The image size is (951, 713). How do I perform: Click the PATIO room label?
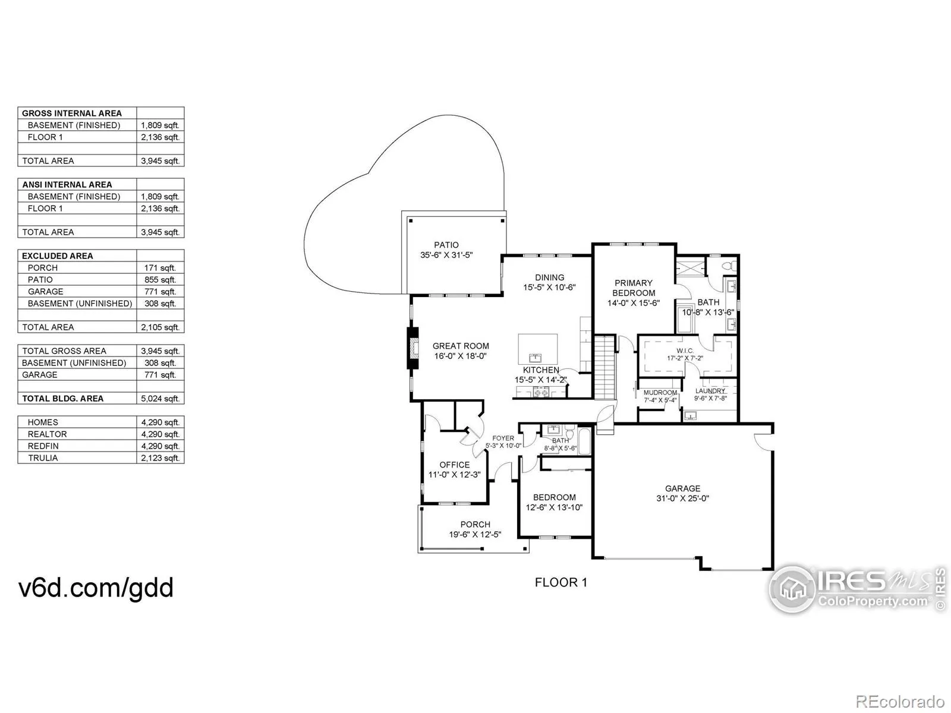coord(446,245)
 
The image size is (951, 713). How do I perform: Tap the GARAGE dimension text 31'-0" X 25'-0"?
coord(682,499)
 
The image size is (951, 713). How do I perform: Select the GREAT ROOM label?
coord(461,346)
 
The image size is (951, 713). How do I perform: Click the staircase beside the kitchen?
coord(604,368)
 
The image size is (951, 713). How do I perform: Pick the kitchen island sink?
coord(536,358)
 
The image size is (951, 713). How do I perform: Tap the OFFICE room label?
coord(455,465)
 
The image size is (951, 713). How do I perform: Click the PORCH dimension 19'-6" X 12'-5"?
coord(475,534)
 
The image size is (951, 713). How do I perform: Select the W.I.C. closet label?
coord(685,351)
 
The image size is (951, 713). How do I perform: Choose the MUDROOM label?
coord(660,393)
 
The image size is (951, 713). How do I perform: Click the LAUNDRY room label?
coord(710,391)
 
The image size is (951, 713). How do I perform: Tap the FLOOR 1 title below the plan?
coord(561,583)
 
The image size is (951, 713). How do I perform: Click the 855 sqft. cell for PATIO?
coord(160,280)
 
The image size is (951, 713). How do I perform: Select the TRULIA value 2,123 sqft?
coord(160,458)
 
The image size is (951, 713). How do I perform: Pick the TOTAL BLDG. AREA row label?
coord(63,399)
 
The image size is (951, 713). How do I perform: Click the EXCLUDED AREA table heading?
coord(58,256)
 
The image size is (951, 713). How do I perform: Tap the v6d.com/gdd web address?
coord(96,588)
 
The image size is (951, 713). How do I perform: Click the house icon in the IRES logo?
coord(793,589)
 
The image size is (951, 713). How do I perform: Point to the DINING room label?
coord(549,277)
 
